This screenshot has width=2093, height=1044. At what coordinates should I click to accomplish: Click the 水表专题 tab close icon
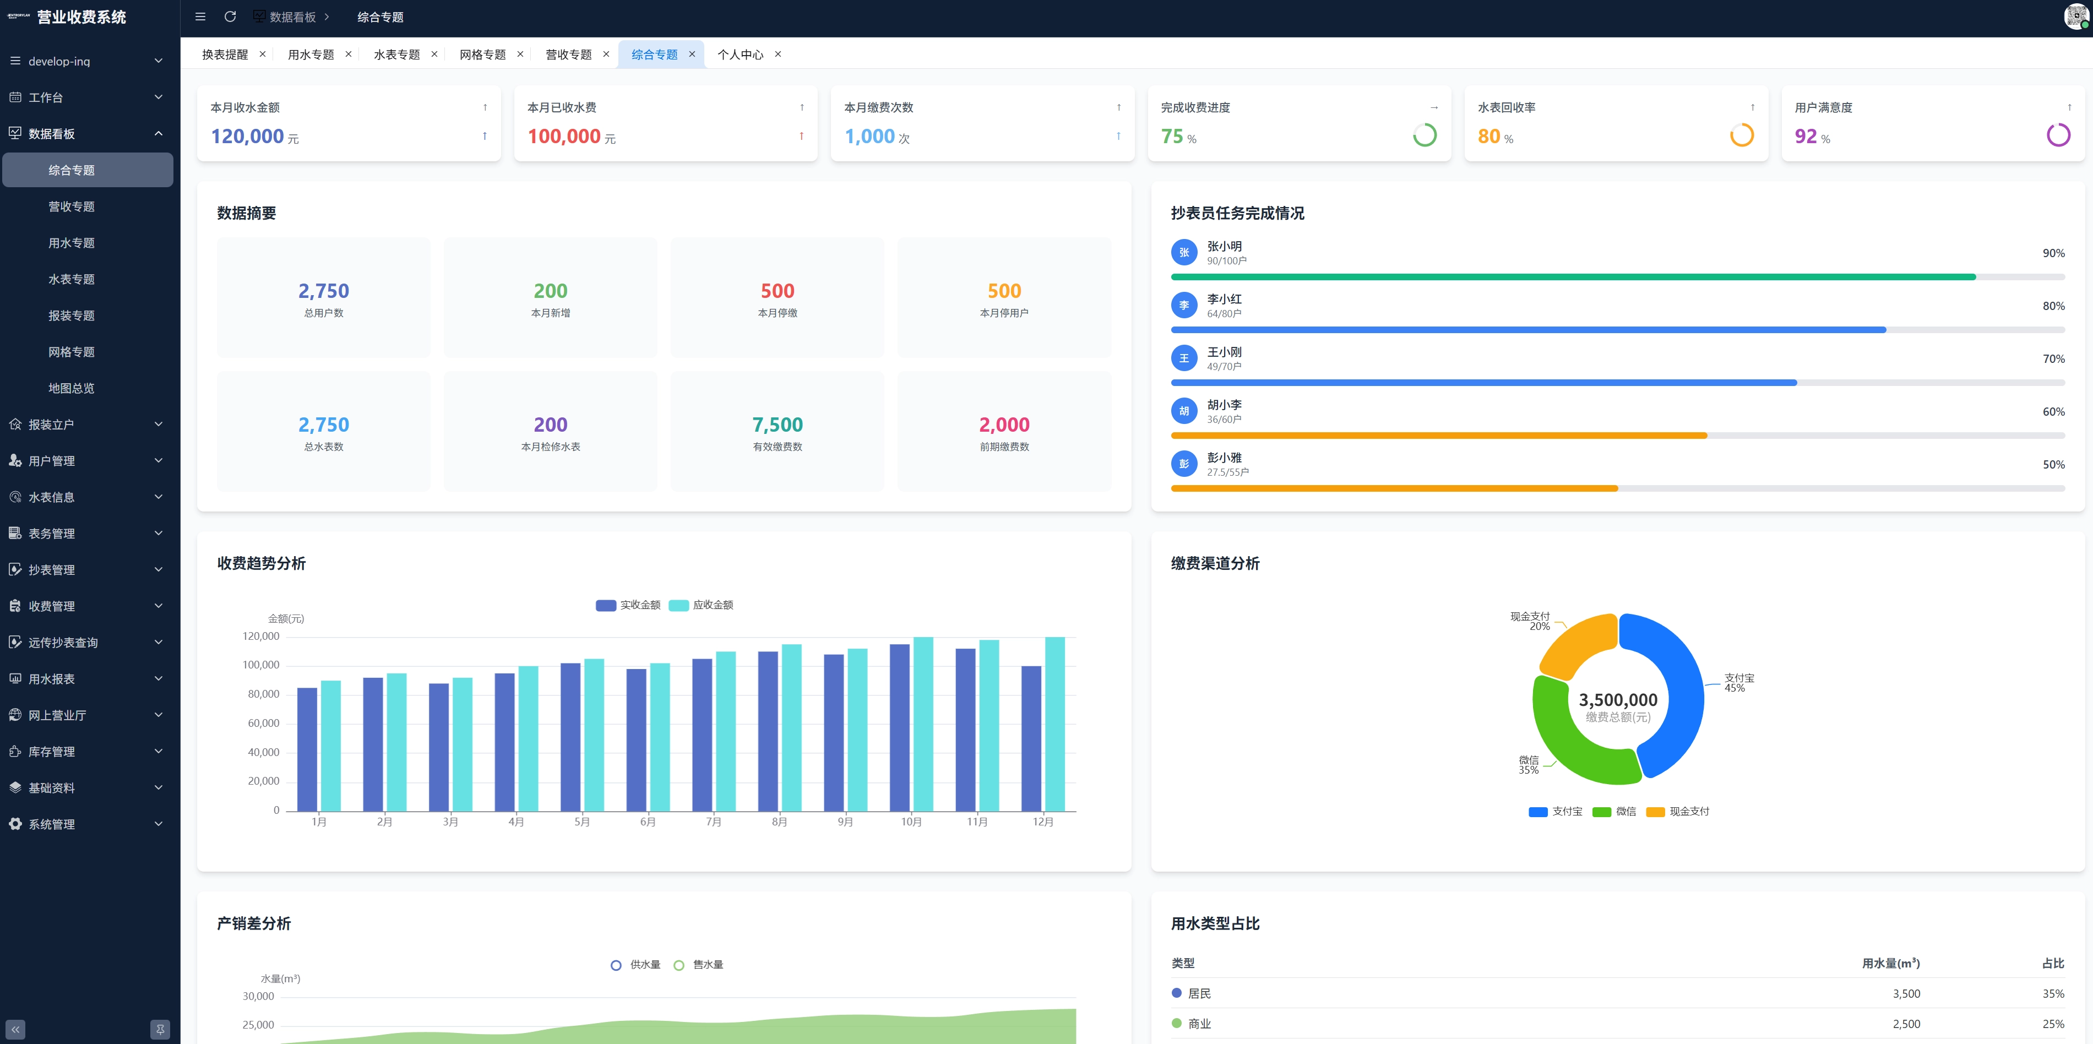click(x=434, y=55)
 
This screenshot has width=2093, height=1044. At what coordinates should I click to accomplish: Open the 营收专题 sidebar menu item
click(x=72, y=206)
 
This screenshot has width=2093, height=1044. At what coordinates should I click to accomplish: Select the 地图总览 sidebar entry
click(x=72, y=388)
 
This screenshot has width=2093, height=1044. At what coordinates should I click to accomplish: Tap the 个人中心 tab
click(x=740, y=55)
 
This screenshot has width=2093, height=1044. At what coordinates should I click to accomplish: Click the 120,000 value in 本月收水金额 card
click(x=247, y=137)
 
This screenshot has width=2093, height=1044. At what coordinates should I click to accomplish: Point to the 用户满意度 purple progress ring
click(x=2058, y=135)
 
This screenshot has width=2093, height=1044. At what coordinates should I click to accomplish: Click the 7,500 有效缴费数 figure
click(x=778, y=425)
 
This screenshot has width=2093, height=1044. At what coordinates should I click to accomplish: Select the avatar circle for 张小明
click(x=1184, y=253)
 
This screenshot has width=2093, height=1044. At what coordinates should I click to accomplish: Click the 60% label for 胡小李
click(x=2053, y=412)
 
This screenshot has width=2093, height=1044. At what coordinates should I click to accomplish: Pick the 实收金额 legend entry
click(x=628, y=605)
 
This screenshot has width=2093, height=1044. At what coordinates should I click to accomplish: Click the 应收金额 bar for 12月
click(x=1054, y=724)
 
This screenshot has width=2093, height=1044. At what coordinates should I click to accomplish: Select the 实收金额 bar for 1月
click(x=307, y=749)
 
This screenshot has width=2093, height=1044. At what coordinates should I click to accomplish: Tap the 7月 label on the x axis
click(x=714, y=822)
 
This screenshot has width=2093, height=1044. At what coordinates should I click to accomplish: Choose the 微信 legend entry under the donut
click(x=1614, y=812)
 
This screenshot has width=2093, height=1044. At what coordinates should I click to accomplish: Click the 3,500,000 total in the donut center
click(x=1618, y=699)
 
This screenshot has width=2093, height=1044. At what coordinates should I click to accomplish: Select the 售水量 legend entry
click(x=699, y=965)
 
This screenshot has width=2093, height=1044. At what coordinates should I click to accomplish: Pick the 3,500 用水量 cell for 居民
click(x=1906, y=994)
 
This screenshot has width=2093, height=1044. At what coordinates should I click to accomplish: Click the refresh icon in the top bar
click(x=230, y=17)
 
